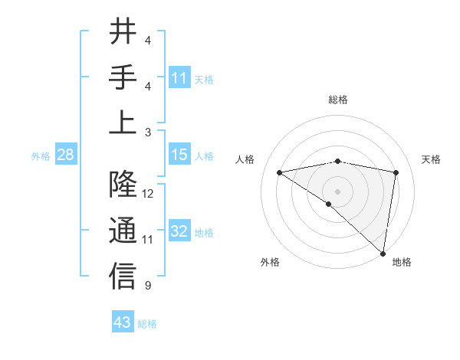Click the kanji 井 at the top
pos(123,33)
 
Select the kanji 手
pos(123,77)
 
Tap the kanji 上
pos(123,123)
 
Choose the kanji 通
pos(123,231)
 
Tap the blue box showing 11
pos(179,78)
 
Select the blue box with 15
pos(179,155)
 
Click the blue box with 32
pos(179,232)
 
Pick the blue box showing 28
pos(65,155)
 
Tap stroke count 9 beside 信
pos(148,286)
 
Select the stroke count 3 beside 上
pos(148,133)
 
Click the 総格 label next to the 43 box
pos(147,324)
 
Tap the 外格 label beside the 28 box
pos(41,156)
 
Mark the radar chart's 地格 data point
pos(383,254)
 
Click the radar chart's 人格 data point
pos(280,172)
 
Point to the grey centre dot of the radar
pos(337,190)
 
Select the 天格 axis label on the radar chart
pos(432,159)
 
